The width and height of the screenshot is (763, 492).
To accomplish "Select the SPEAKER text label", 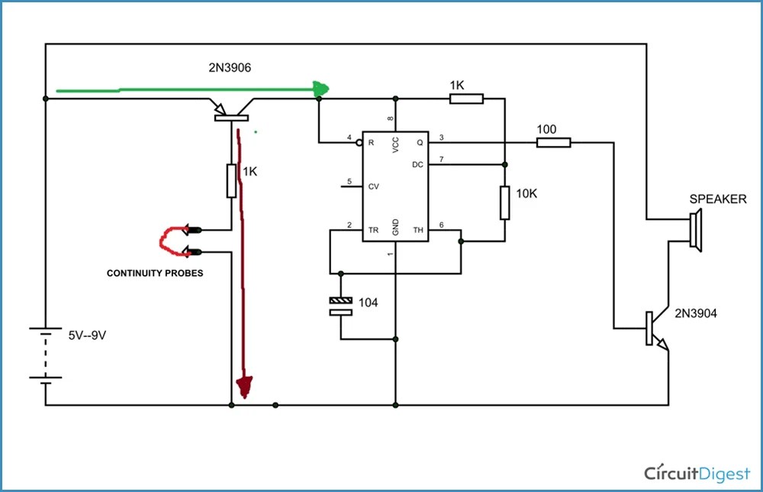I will tap(718, 199).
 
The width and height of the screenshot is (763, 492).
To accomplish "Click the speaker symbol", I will tap(694, 230).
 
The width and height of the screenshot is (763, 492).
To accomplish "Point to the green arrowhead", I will tap(321, 89).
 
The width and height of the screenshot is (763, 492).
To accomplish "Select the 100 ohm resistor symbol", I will tap(553, 142).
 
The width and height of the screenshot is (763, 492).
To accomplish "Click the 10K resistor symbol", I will tap(504, 202).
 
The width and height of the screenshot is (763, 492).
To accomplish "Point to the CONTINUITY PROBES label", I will tap(155, 273).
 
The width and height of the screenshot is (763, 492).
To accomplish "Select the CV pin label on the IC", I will tap(374, 186).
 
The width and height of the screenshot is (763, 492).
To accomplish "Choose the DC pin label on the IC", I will tap(417, 164).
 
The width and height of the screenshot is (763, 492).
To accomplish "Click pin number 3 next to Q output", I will tap(440, 137).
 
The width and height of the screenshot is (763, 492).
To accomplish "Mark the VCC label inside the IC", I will tap(395, 145).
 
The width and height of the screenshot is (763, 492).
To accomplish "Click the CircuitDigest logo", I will tap(697, 471).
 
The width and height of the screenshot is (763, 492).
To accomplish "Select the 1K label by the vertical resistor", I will tap(250, 172).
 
